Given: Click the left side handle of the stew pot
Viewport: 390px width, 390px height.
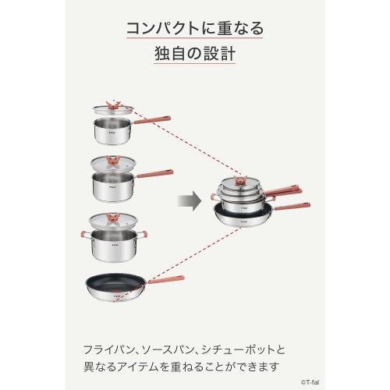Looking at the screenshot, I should coord(82,235).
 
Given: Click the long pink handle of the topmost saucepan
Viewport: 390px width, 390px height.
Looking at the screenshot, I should coord(151,119).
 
